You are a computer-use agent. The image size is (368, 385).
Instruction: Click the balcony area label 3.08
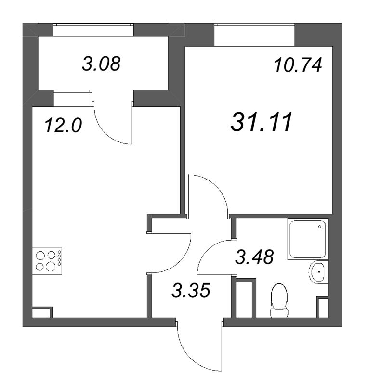pyautogui.click(x=101, y=64)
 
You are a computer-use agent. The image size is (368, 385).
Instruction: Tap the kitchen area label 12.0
pyautogui.click(x=63, y=125)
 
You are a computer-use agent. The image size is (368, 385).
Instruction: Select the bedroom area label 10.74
pyautogui.click(x=298, y=65)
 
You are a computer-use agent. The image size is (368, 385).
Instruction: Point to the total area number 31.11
pyautogui.click(x=262, y=122)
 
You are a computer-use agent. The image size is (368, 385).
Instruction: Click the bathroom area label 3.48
pyautogui.click(x=254, y=257)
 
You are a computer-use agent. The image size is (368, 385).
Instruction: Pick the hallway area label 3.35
pyautogui.click(x=191, y=290)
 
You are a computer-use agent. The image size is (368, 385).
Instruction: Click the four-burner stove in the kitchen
pyautogui.click(x=47, y=261)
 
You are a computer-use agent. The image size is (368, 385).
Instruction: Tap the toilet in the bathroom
pyautogui.click(x=279, y=300)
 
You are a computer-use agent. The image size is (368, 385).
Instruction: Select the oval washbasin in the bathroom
pyautogui.click(x=318, y=272)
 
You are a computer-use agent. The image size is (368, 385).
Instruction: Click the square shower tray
pyautogui.click(x=308, y=239)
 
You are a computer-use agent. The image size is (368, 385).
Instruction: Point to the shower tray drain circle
pyautogui.click(x=320, y=227)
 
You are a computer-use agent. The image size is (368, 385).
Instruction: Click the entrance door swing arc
pyautogui.click(x=189, y=359)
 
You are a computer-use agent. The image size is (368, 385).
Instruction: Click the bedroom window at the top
pyautogui.click(x=254, y=24)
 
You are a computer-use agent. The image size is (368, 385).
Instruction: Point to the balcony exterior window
pyautogui.click(x=93, y=24)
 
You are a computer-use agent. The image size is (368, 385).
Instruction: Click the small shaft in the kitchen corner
pyautogui.click(x=41, y=312)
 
